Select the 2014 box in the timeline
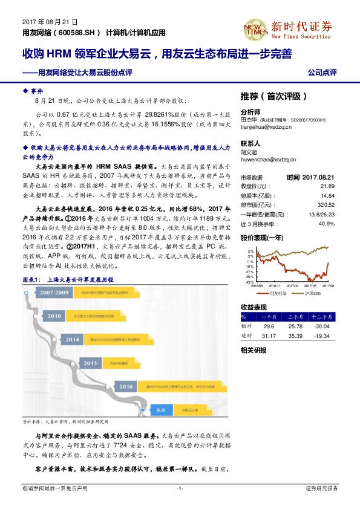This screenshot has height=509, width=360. pos(73,339)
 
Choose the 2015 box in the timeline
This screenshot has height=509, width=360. pos(90,363)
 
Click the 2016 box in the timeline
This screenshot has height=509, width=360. pos(125,386)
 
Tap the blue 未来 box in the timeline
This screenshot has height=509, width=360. pos(161,409)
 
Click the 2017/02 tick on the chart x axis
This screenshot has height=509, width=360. pos(292,285)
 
